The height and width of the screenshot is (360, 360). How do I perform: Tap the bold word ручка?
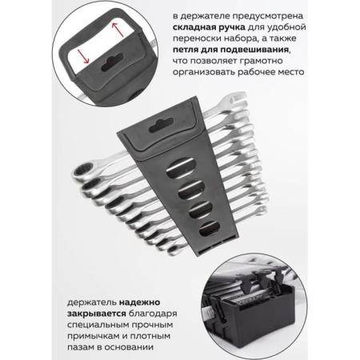pyautogui.click(x=232, y=28)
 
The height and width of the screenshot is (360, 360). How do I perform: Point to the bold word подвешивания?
pyautogui.click(x=254, y=50)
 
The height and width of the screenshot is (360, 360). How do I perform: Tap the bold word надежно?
pyautogui.click(x=139, y=302)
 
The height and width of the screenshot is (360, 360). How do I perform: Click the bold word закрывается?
pyautogui.click(x=96, y=314)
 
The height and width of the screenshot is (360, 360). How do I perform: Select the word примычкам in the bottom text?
pyautogui.click(x=93, y=336)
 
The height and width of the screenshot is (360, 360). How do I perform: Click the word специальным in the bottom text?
pyautogui.click(x=98, y=325)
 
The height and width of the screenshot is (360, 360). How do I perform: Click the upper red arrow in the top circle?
pyautogui.click(x=118, y=30)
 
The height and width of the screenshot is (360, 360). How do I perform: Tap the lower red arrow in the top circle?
pyautogui.click(x=83, y=56)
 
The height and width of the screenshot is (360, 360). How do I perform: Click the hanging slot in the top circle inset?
pyautogui.click(x=112, y=62)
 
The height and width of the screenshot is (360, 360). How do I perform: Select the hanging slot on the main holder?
pyautogui.click(x=161, y=126)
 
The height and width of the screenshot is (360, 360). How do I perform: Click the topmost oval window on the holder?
pyautogui.click(x=181, y=168)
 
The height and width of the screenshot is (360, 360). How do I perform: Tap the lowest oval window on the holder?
pyautogui.click(x=210, y=229)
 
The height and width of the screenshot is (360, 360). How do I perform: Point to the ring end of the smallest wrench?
pyautogui.click(x=174, y=250)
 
